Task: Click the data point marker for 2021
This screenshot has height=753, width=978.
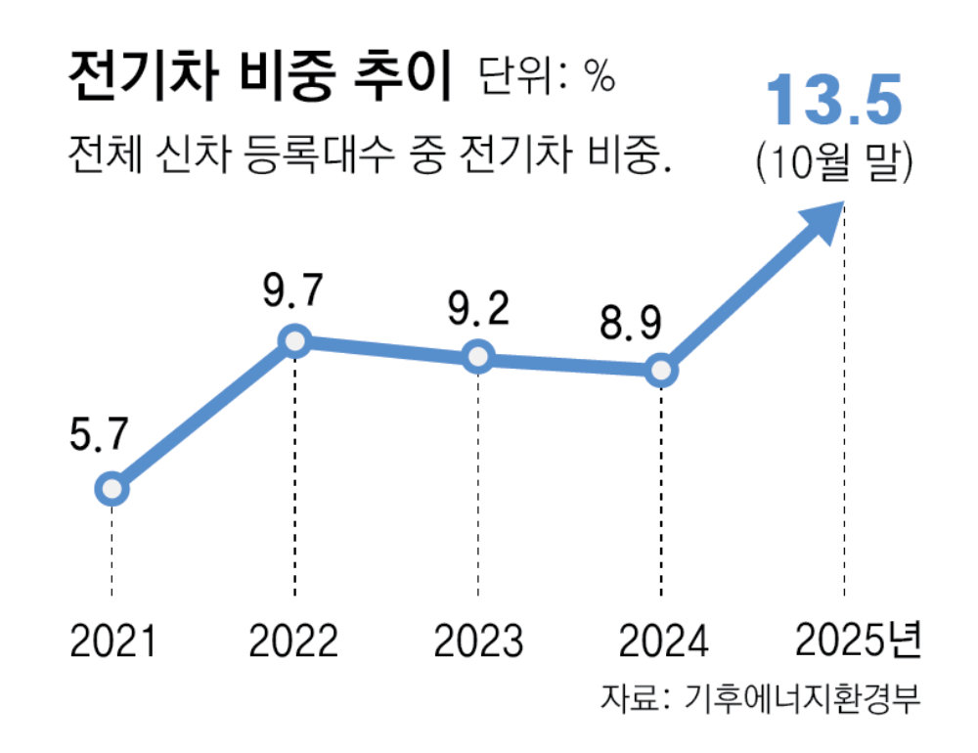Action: click(x=112, y=488)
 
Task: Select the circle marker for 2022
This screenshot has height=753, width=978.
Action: click(x=294, y=340)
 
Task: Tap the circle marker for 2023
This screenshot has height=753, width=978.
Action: click(x=477, y=357)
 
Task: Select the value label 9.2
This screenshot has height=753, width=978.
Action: click(x=476, y=309)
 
